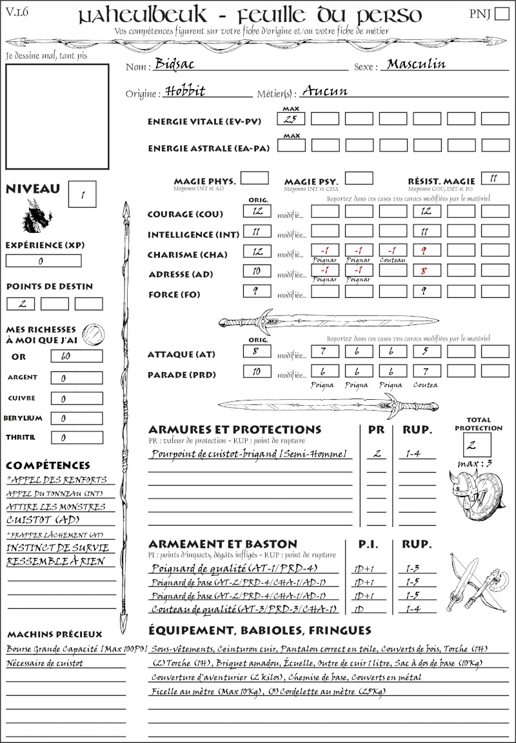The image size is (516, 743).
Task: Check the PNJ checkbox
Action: (501, 14)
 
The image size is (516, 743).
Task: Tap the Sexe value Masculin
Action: (416, 64)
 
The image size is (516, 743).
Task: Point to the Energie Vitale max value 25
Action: (291, 119)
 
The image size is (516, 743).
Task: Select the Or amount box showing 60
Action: (76, 357)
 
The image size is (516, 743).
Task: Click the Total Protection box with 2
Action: (477, 444)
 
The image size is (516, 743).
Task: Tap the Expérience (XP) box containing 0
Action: (43, 261)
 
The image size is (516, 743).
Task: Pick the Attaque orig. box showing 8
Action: (257, 352)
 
